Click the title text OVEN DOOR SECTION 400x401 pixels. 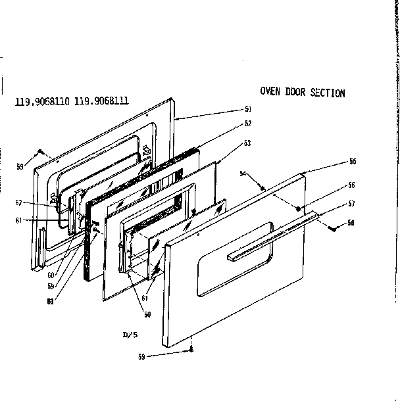pyautogui.click(x=302, y=93)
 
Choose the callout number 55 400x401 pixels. pyautogui.click(x=353, y=161)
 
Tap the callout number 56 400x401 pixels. pyautogui.click(x=353, y=185)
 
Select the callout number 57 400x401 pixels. pyautogui.click(x=353, y=203)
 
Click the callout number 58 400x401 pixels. pyautogui.click(x=351, y=223)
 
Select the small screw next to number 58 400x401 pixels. pyautogui.click(x=333, y=228)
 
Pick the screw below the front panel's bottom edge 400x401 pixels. pyautogui.click(x=191, y=350)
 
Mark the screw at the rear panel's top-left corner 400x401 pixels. pyautogui.click(x=41, y=151)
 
